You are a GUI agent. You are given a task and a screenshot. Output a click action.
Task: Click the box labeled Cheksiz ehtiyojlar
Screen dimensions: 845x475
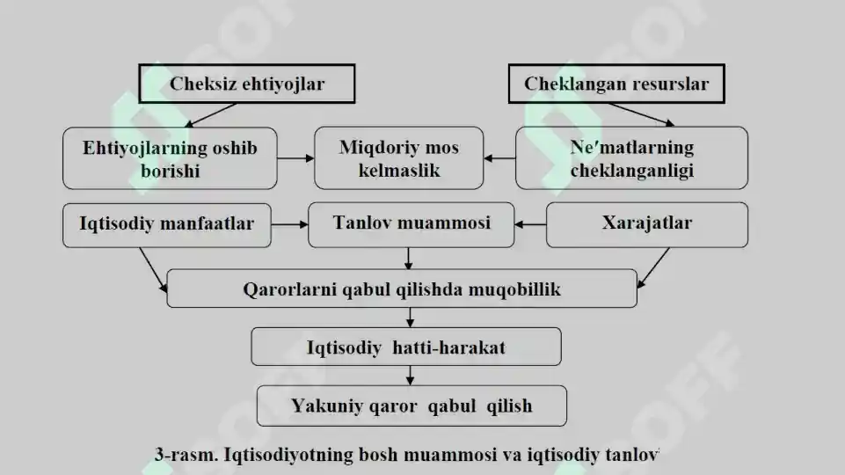coord(247,84)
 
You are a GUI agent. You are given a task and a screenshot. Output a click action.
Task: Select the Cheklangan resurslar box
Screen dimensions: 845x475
coord(616,84)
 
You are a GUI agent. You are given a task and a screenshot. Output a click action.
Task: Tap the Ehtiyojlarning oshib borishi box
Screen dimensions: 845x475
coord(170,158)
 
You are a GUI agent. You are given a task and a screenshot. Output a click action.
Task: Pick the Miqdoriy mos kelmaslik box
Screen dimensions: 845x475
coord(399,158)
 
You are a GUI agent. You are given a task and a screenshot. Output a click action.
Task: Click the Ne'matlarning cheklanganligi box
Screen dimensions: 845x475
coord(631,158)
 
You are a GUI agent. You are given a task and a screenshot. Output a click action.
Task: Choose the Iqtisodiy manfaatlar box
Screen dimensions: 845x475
coord(166,225)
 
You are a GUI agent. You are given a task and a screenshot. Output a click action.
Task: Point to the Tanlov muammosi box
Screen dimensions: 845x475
coord(412,225)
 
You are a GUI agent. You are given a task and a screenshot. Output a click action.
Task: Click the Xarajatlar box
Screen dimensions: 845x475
coord(646,225)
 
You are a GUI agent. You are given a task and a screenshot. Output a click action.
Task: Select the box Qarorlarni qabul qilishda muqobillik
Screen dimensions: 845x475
coord(402,289)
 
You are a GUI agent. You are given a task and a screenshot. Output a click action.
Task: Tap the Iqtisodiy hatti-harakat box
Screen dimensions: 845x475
coord(406,347)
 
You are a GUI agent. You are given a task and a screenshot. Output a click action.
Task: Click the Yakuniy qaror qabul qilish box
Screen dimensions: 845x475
coord(412,406)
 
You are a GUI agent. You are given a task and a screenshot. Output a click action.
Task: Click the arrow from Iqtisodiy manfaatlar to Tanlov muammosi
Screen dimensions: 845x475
coord(289,224)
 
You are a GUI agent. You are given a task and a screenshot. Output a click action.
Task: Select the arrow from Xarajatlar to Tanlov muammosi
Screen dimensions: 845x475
coord(530,224)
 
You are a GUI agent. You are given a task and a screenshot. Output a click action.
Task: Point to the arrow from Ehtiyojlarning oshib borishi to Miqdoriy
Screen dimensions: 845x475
coord(295,158)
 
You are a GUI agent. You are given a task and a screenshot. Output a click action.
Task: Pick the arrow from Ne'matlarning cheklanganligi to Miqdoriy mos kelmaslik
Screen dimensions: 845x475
coord(499,158)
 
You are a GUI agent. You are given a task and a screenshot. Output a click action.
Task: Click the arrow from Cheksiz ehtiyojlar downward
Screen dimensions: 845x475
coord(210,115)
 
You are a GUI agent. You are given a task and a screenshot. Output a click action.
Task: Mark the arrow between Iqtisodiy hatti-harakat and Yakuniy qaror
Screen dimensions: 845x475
coord(410,376)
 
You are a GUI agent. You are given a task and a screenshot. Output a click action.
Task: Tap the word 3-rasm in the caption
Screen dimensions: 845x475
coord(186,455)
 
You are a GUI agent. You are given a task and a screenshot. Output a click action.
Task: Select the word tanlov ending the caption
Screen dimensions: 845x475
coord(631,455)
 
